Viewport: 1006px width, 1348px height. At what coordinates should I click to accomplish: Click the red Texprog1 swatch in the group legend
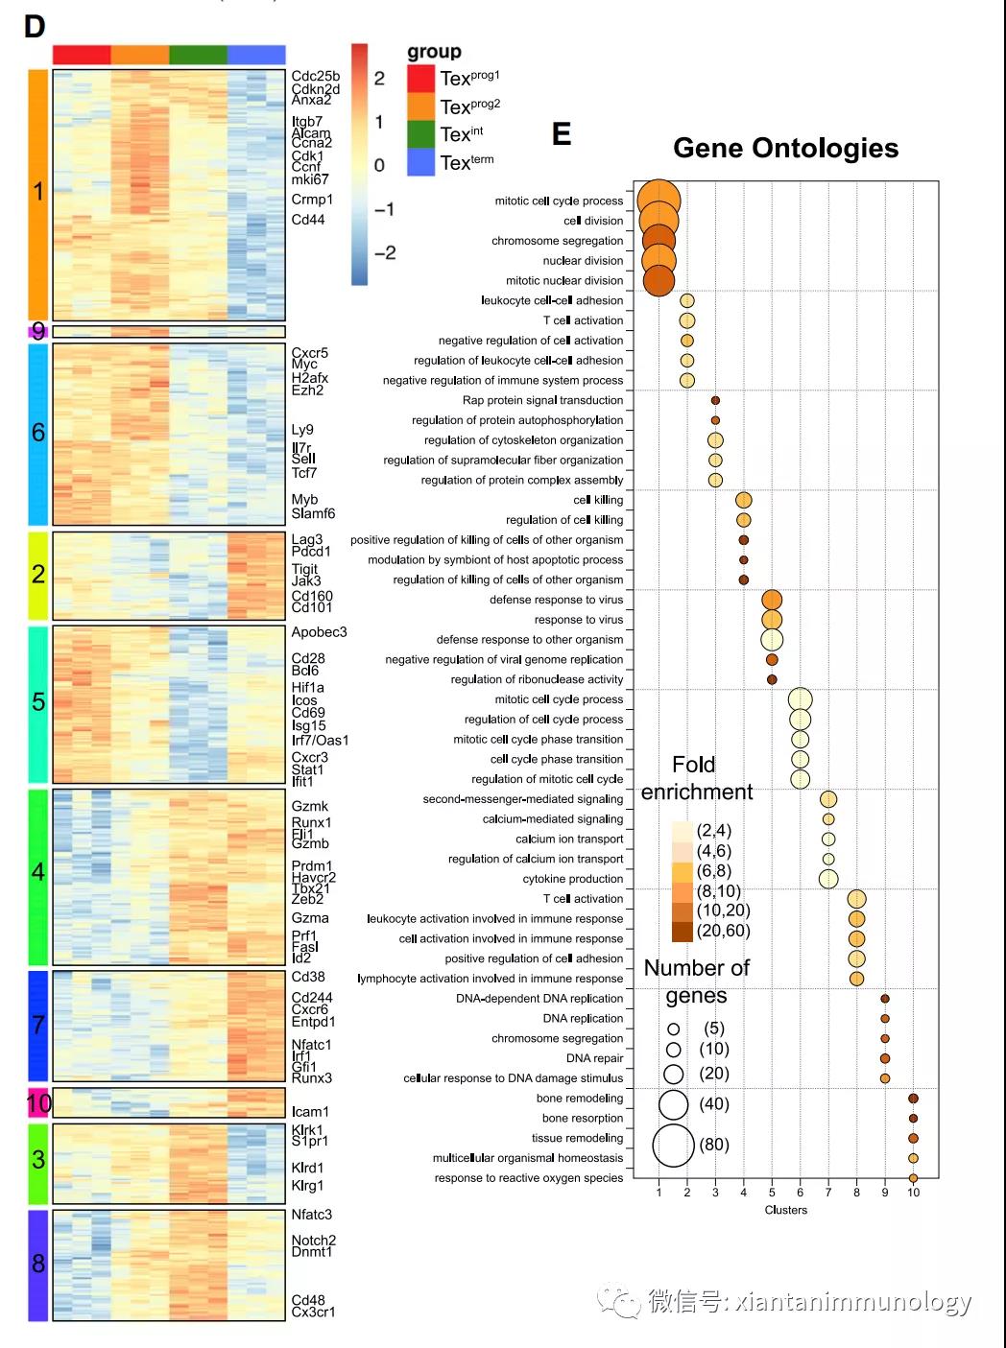click(x=420, y=79)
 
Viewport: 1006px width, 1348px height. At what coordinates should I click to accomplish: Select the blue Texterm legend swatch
click(x=420, y=162)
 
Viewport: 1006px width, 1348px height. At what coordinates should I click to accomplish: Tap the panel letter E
click(x=562, y=133)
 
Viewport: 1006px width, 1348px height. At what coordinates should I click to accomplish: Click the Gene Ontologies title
click(x=785, y=148)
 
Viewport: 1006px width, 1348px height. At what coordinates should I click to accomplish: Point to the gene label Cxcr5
click(x=309, y=353)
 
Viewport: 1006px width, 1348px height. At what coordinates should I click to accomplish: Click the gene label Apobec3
click(x=319, y=632)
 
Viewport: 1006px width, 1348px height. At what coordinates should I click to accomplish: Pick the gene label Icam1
click(x=310, y=1112)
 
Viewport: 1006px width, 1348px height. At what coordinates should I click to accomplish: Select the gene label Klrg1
click(x=307, y=1186)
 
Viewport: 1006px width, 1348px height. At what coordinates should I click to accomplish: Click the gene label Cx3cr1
click(x=313, y=1313)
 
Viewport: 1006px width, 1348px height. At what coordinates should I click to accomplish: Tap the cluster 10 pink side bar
click(x=38, y=1103)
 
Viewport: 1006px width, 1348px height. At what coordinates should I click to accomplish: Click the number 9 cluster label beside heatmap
click(x=38, y=332)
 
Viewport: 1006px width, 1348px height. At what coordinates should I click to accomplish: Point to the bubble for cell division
click(x=659, y=221)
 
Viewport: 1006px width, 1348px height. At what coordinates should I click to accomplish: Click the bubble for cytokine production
click(x=828, y=879)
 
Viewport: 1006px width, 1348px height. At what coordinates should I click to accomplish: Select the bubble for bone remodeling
click(x=913, y=1099)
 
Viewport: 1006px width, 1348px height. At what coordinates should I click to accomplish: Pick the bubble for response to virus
click(x=772, y=620)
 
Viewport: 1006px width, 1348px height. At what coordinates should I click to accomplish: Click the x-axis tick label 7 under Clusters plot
click(x=828, y=1193)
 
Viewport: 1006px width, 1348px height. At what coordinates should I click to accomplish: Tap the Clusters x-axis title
click(x=785, y=1210)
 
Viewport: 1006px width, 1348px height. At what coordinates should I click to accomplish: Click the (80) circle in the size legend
click(x=673, y=1146)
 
